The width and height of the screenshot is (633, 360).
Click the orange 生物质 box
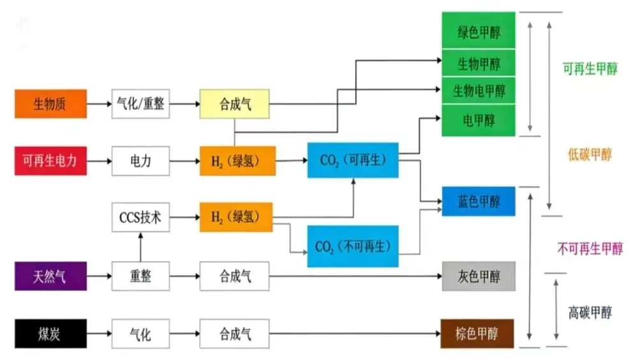(x=50, y=103)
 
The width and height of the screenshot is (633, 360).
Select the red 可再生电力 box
(x=50, y=160)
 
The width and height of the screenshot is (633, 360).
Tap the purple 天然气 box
(x=50, y=276)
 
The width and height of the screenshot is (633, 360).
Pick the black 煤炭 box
(x=50, y=334)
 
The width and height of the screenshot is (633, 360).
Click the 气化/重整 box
(x=141, y=103)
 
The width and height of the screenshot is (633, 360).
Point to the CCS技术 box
(x=141, y=218)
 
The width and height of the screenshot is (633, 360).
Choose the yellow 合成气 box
(x=235, y=103)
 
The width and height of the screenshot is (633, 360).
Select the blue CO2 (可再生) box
(x=353, y=160)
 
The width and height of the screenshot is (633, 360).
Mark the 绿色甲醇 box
(x=479, y=33)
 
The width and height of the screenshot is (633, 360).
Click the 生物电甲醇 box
(x=479, y=91)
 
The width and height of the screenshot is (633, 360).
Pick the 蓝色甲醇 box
(x=479, y=202)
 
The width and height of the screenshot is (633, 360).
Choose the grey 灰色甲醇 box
(x=479, y=276)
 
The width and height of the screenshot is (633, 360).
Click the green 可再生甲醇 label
(x=590, y=69)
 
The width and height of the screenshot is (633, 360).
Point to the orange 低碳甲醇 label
(x=590, y=154)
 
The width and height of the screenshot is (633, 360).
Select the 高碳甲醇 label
(x=590, y=313)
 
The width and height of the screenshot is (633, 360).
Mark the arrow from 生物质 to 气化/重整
(x=99, y=103)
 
